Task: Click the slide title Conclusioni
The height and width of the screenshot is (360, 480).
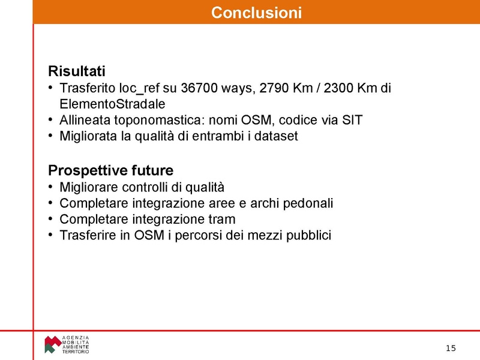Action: [256, 12]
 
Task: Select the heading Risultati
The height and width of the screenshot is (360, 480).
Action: [76, 71]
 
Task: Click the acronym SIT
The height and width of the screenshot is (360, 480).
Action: [352, 119]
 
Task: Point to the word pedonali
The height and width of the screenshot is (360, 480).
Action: [308, 203]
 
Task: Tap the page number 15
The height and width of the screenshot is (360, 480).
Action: [451, 349]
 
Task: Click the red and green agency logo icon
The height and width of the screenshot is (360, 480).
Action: [52, 344]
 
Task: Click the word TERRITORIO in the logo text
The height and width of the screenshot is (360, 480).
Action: [76, 352]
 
